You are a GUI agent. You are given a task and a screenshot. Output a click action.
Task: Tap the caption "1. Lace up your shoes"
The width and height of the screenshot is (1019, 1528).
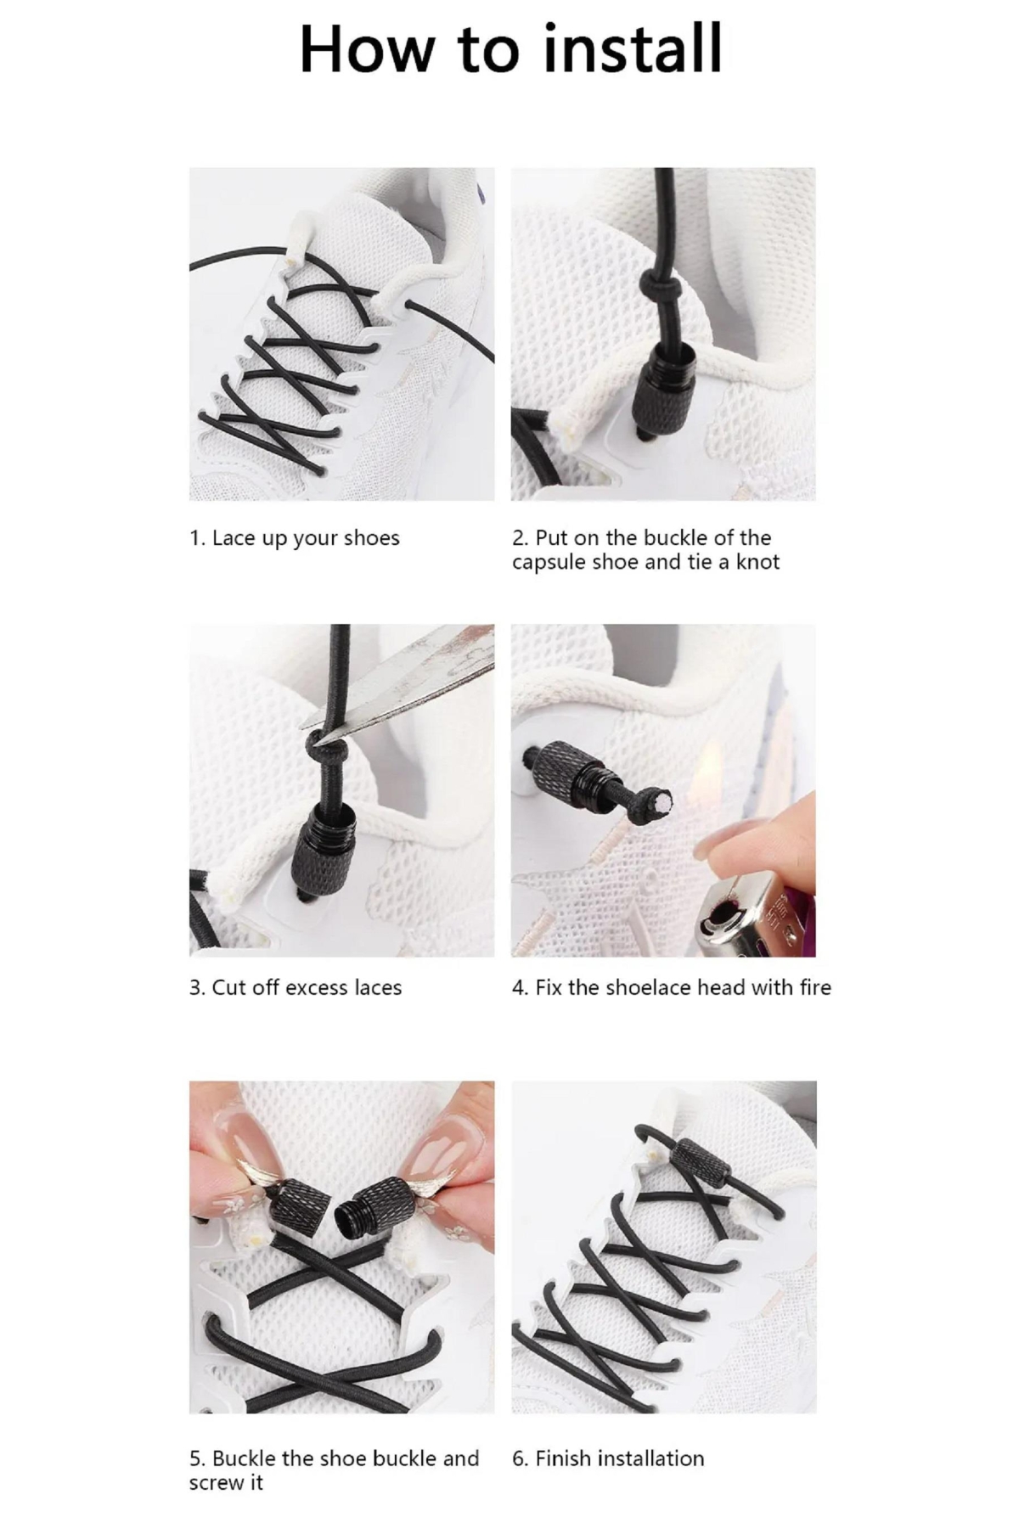point(294,539)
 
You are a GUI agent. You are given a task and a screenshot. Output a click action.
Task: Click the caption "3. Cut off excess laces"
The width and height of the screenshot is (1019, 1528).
point(296,987)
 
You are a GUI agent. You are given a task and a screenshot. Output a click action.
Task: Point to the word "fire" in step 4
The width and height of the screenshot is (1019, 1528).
point(814,987)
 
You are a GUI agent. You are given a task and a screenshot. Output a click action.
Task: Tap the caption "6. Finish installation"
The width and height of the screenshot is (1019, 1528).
point(608,1458)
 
